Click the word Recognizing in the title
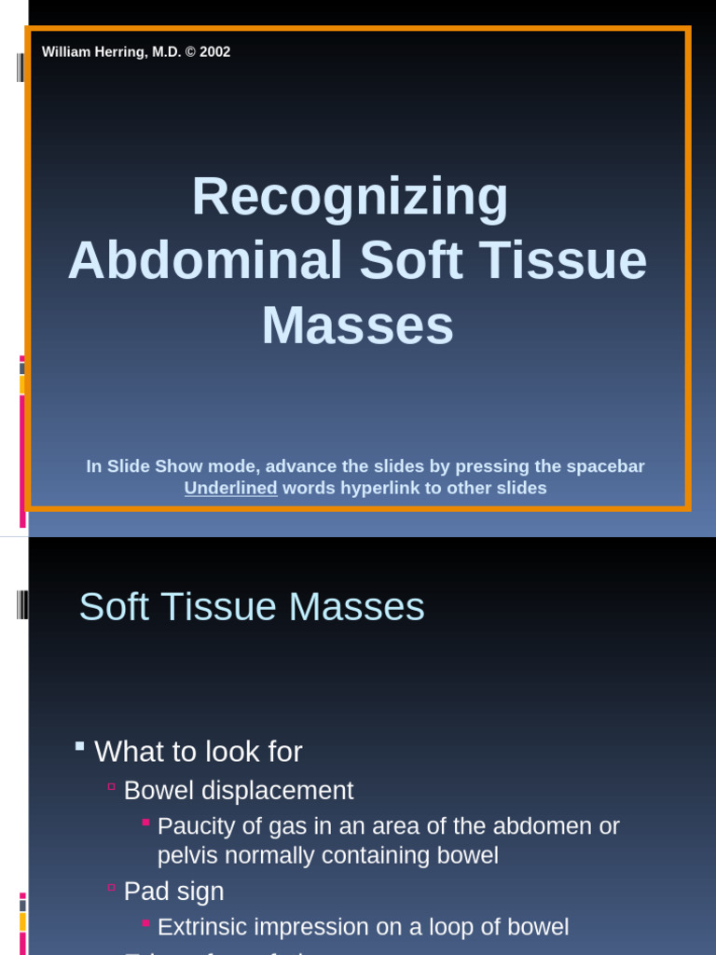point(350,198)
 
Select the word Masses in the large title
point(357,325)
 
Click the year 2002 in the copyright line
point(214,52)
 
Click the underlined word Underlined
point(230,488)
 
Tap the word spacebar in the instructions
point(605,466)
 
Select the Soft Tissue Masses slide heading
point(252,607)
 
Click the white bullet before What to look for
point(80,746)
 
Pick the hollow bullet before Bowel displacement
point(111,787)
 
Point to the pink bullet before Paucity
point(145,822)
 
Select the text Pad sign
point(173,892)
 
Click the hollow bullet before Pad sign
point(111,888)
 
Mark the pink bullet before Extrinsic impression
point(145,922)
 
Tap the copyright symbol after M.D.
point(190,52)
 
